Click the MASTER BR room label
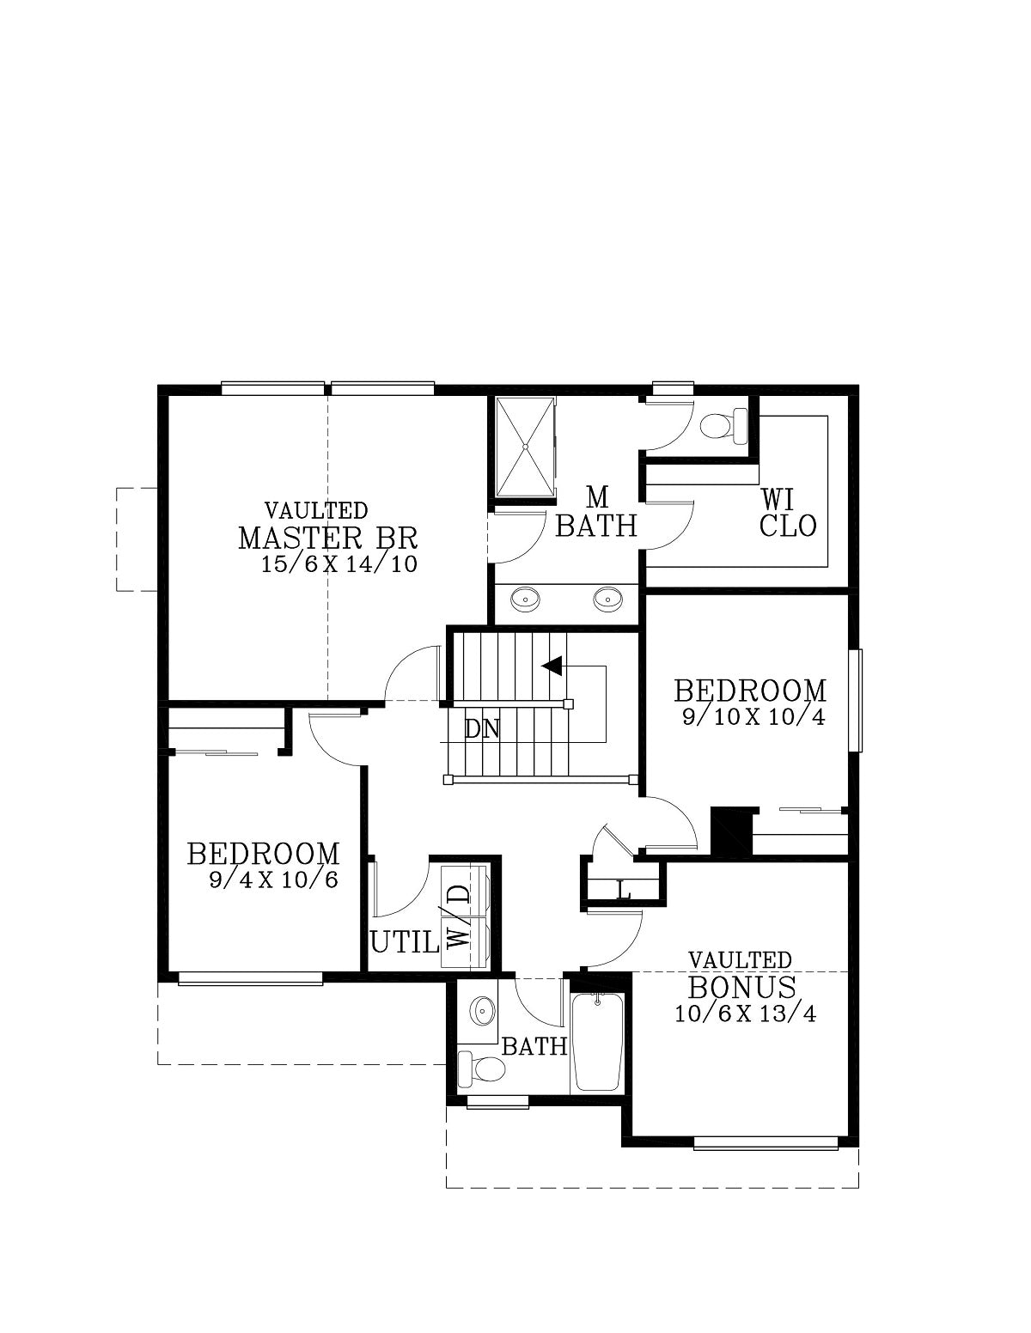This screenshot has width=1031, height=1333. pyautogui.click(x=327, y=538)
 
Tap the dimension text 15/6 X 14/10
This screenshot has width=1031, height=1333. pyautogui.click(x=339, y=563)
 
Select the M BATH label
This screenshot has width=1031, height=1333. pyautogui.click(x=596, y=512)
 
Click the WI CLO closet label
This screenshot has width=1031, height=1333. pyautogui.click(x=788, y=512)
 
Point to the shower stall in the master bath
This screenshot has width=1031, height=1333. pyautogui.click(x=526, y=447)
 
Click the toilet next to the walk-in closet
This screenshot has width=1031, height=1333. pyautogui.click(x=723, y=426)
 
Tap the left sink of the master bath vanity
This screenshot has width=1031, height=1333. pyautogui.click(x=526, y=598)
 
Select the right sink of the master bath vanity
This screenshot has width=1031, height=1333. pyautogui.click(x=607, y=598)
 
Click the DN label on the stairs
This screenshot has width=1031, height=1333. pyautogui.click(x=482, y=729)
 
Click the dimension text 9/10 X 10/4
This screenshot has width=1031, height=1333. pyautogui.click(x=753, y=717)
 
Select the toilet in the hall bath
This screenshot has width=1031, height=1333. pyautogui.click(x=481, y=1068)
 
